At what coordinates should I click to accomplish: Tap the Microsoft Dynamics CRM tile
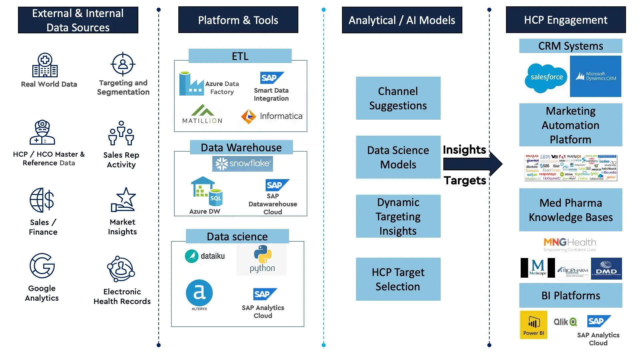click(x=595, y=76)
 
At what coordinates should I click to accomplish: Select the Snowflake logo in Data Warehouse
click(x=243, y=164)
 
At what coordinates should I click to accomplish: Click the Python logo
click(x=262, y=259)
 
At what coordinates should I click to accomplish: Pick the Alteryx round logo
click(x=199, y=293)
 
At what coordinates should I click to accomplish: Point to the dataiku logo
click(x=205, y=256)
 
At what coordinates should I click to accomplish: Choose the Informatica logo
click(x=272, y=116)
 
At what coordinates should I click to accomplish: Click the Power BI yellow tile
click(x=533, y=325)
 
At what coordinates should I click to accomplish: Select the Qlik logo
click(x=565, y=322)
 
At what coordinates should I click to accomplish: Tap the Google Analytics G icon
click(x=42, y=266)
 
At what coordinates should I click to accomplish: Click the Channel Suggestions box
click(x=398, y=98)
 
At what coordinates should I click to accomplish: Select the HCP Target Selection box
click(x=398, y=279)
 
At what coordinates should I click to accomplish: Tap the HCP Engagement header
click(x=566, y=20)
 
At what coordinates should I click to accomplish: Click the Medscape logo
click(x=538, y=268)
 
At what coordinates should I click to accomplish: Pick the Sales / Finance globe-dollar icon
click(x=42, y=200)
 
